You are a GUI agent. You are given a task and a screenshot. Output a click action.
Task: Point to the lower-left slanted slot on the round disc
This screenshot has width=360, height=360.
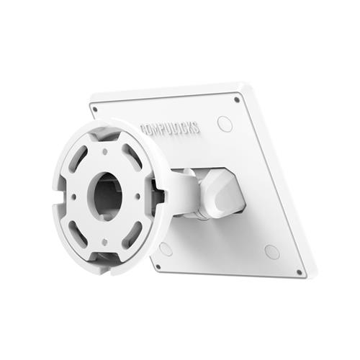[x=78, y=232]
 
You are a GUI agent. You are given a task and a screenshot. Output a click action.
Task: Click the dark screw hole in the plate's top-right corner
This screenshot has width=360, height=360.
[x=237, y=99]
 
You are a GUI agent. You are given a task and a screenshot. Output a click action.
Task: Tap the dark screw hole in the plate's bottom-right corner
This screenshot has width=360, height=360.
[x=299, y=271]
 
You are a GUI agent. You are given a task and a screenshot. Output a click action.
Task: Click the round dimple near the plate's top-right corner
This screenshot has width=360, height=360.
[x=225, y=123]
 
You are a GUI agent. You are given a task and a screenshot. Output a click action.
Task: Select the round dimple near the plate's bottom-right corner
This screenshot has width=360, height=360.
[x=271, y=252]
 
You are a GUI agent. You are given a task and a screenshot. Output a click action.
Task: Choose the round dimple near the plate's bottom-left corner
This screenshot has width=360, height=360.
[x=166, y=249]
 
